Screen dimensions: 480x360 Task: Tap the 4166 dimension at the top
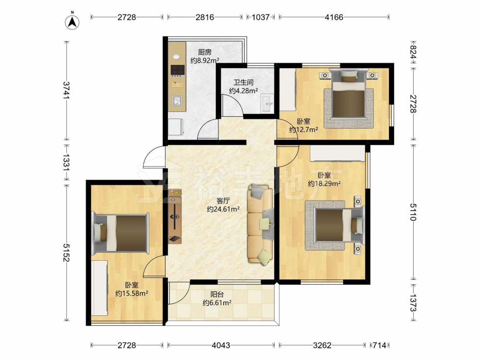[334, 17]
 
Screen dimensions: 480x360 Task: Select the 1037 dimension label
[261, 17]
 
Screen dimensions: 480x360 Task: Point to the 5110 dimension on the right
[413, 212]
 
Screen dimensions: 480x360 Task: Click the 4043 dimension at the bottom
[221, 345]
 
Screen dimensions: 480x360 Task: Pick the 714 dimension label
[380, 345]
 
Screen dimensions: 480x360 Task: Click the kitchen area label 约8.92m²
[204, 60]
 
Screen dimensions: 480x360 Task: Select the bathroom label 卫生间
[243, 83]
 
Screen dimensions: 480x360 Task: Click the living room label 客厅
[223, 201]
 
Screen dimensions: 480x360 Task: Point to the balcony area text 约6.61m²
[217, 303]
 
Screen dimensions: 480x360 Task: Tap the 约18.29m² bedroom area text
[324, 183]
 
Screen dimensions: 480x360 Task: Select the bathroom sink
[267, 104]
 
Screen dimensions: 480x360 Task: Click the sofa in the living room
[260, 224]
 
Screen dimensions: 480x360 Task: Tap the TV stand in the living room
[175, 216]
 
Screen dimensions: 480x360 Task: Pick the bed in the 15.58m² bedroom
[121, 233]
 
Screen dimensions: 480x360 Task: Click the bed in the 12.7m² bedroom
[349, 94]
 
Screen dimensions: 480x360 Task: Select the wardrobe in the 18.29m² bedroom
[337, 153]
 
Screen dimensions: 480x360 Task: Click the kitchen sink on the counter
[177, 101]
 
